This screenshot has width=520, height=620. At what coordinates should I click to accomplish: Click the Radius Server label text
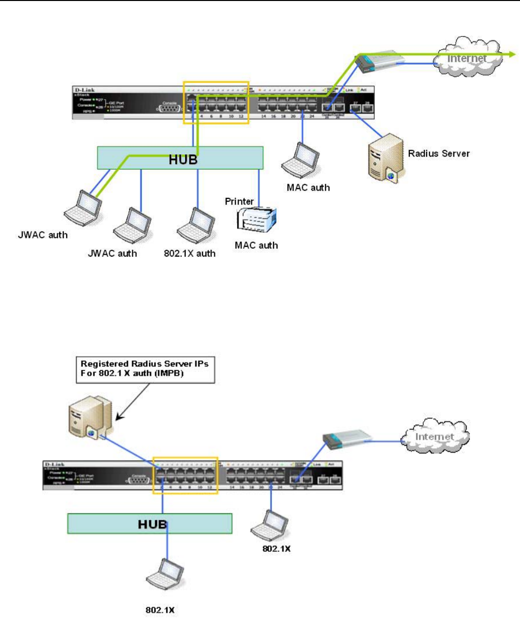(439, 154)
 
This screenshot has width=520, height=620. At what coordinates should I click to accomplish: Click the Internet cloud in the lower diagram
(434, 436)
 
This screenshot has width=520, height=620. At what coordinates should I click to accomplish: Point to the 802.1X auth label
(190, 254)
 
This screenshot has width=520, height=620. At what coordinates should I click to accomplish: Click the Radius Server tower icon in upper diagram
(386, 156)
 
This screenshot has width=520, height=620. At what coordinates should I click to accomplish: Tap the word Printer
(239, 201)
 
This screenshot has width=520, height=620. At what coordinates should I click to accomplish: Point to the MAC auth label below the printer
(256, 245)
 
